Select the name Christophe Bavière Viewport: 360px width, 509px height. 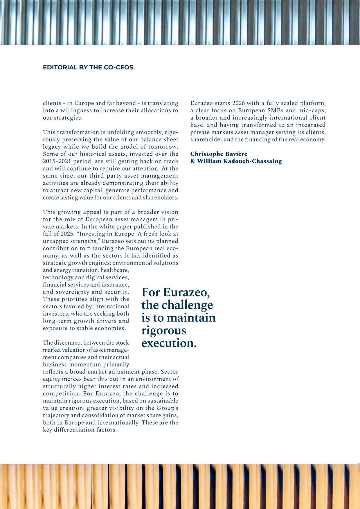(219, 154)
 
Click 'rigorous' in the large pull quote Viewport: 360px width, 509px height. (164, 330)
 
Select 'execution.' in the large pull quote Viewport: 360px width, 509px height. (169, 343)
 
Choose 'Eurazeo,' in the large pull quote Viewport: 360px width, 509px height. (186, 292)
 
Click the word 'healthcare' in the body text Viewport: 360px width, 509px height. (115, 270)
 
